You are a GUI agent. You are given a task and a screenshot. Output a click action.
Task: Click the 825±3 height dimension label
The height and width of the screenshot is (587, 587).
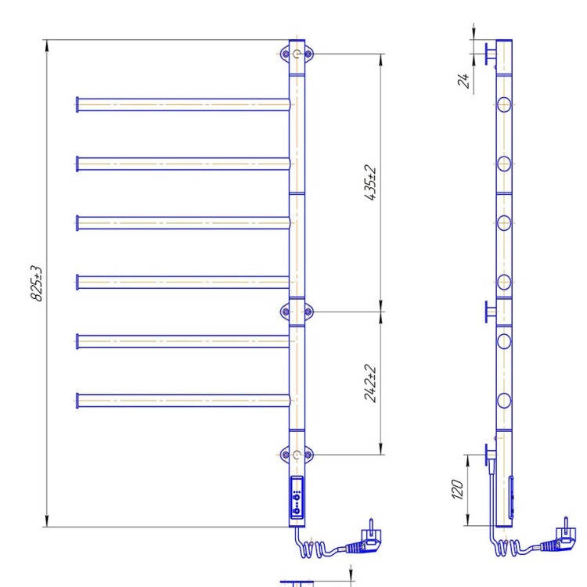pyautogui.click(x=36, y=283)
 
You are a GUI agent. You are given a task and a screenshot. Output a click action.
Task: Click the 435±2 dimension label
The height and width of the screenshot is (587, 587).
pyautogui.click(x=371, y=182)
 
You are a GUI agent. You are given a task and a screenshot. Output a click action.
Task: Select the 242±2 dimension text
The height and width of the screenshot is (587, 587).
pyautogui.click(x=370, y=383)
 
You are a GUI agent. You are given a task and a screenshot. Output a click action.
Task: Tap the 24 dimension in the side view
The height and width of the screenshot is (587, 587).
pyautogui.click(x=463, y=81)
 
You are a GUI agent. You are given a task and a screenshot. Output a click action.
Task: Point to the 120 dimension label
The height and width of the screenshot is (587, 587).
pyautogui.click(x=457, y=489)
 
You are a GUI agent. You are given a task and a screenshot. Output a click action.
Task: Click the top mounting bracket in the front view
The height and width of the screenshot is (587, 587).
pyautogui.click(x=297, y=54)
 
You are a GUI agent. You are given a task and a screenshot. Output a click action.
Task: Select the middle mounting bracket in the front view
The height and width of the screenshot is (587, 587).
pyautogui.click(x=297, y=312)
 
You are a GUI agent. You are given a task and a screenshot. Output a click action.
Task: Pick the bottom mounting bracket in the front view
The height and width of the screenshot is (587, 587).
pyautogui.click(x=297, y=455)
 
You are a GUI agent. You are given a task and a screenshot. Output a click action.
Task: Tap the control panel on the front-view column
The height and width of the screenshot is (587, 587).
pyautogui.click(x=297, y=498)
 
